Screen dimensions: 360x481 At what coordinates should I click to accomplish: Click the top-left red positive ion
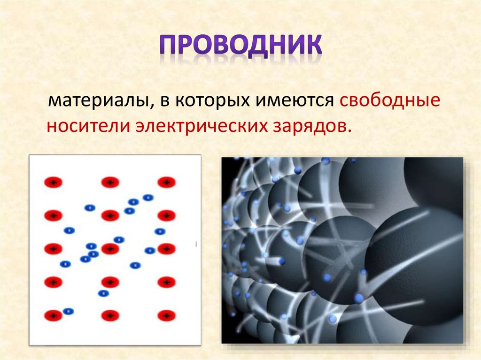click(x=53, y=182)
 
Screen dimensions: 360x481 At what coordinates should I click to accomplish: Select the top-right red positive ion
click(x=166, y=182)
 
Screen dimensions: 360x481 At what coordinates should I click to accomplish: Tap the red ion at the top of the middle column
click(x=110, y=182)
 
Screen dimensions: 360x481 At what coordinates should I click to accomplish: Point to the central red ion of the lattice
click(x=110, y=249)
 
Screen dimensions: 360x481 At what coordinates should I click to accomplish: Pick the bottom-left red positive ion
click(x=53, y=315)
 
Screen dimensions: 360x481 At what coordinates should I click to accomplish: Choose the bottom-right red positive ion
click(x=166, y=315)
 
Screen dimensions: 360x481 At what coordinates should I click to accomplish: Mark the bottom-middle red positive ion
click(x=110, y=315)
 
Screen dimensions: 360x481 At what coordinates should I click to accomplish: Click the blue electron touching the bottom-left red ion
click(x=69, y=311)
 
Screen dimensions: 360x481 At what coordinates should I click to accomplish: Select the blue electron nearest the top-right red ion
click(x=148, y=198)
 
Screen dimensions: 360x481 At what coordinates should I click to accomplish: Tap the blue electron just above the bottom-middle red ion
click(x=103, y=293)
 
